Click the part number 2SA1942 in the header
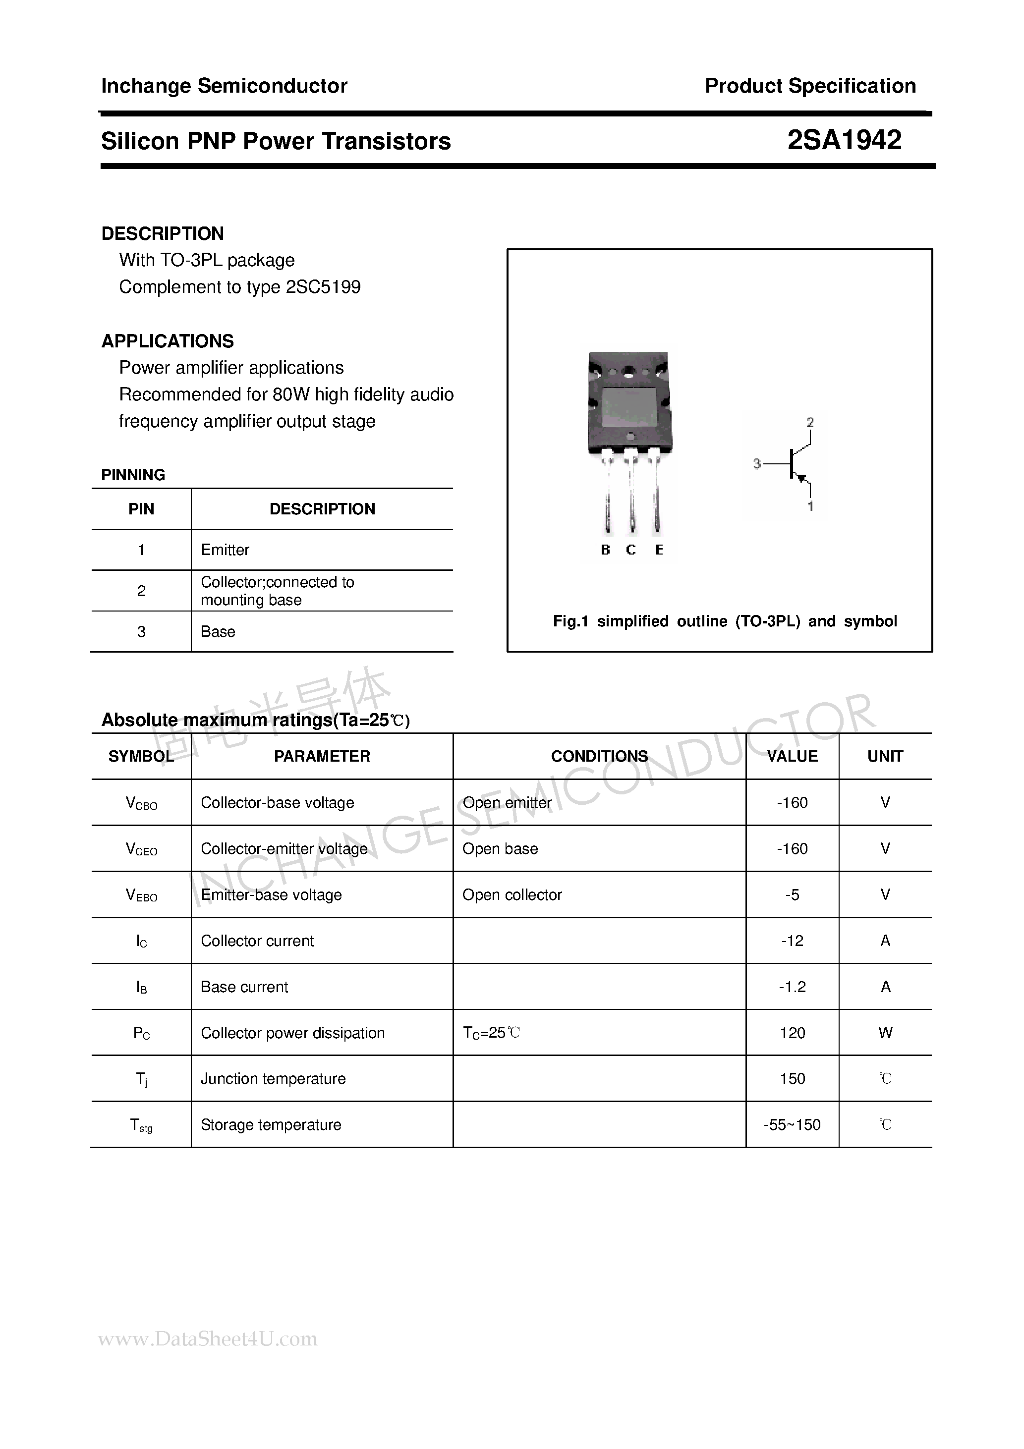(844, 140)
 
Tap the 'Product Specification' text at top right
(810, 86)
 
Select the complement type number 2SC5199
(323, 287)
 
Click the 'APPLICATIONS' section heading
(168, 341)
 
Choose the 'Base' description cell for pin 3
(218, 632)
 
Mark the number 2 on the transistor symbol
(810, 422)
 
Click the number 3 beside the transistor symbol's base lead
(757, 464)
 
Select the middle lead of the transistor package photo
(631, 499)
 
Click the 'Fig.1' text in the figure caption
(570, 621)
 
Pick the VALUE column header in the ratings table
(793, 756)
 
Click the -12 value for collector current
(793, 941)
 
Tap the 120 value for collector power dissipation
(793, 1033)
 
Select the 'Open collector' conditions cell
(512, 895)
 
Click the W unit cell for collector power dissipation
(885, 1033)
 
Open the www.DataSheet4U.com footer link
(208, 1339)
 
